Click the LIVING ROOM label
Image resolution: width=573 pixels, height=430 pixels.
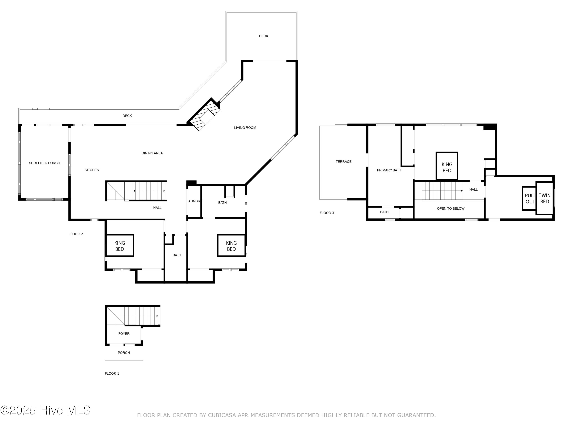(245, 127)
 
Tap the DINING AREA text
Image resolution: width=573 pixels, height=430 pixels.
(152, 153)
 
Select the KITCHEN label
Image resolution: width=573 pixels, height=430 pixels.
(92, 170)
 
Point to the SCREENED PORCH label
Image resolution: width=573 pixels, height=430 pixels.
(44, 163)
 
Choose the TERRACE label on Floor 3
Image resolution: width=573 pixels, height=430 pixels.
(343, 162)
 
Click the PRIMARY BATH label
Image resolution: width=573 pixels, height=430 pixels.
(389, 170)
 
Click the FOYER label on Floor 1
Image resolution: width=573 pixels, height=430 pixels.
(124, 333)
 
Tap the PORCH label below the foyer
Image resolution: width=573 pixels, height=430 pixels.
(124, 353)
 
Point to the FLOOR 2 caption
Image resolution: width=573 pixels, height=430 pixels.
(76, 234)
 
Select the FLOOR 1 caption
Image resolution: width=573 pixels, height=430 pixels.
(112, 373)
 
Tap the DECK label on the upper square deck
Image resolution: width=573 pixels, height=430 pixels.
(263, 36)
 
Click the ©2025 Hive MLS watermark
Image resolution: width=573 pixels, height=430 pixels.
(45, 410)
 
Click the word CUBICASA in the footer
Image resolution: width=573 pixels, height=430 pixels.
(222, 415)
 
